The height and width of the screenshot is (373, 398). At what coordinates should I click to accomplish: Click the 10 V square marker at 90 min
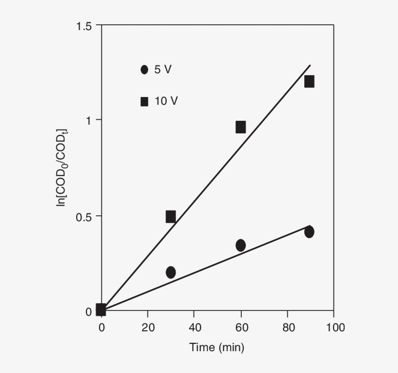(x=309, y=81)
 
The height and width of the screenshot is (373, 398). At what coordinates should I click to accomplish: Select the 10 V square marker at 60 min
(x=241, y=127)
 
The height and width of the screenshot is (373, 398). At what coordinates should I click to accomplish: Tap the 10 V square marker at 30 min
(x=170, y=217)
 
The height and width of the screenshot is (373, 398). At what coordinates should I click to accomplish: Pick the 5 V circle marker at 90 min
(x=309, y=232)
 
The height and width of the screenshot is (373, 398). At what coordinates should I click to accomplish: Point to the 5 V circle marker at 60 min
(x=241, y=245)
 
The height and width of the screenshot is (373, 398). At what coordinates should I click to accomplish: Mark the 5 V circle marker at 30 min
(x=170, y=272)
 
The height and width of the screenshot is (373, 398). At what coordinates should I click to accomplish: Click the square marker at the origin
(x=101, y=309)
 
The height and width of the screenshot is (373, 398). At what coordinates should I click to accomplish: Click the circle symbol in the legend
(x=144, y=70)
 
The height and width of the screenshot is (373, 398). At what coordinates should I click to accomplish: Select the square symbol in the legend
(x=144, y=101)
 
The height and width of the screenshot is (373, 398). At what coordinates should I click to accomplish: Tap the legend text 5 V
(x=163, y=70)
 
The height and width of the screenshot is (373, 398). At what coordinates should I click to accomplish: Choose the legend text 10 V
(x=166, y=101)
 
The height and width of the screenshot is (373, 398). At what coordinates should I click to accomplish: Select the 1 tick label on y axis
(x=88, y=120)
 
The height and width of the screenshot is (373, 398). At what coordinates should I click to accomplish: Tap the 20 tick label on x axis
(x=148, y=328)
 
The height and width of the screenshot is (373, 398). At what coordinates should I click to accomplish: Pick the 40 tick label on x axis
(x=194, y=328)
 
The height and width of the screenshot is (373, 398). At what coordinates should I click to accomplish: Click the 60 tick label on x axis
(x=241, y=328)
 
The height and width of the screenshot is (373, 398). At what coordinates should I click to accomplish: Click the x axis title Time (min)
(x=217, y=348)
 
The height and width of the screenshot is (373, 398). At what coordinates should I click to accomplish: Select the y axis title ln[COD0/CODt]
(x=63, y=167)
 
